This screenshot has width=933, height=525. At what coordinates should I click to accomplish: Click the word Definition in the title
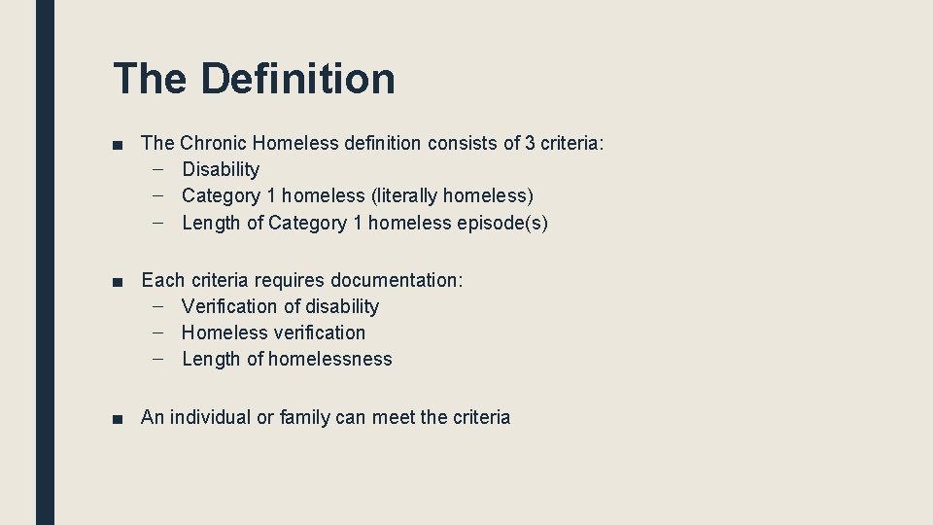click(x=297, y=79)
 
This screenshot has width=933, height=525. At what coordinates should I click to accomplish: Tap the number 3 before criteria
click(x=530, y=144)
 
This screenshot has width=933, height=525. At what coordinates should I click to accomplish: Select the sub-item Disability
click(x=221, y=170)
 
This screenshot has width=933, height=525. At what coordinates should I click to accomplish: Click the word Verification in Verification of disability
click(x=228, y=307)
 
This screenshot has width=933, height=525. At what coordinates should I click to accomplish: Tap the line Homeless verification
click(x=273, y=333)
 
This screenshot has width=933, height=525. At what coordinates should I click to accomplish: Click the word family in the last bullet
click(x=304, y=418)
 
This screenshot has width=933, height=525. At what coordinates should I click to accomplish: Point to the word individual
click(x=210, y=418)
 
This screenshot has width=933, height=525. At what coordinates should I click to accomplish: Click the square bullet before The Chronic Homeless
click(x=118, y=145)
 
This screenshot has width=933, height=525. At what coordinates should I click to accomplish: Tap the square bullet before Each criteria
click(x=118, y=282)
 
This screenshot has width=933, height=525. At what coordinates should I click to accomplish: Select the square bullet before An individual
click(x=118, y=419)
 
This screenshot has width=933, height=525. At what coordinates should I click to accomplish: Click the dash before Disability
click(x=158, y=170)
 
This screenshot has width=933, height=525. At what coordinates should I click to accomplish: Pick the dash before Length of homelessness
click(x=158, y=360)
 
